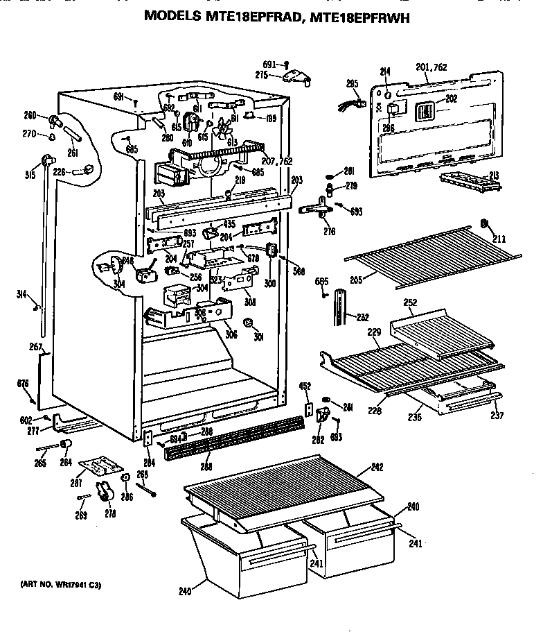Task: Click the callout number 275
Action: pyautogui.click(x=261, y=74)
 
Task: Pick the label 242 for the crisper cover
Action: pyautogui.click(x=377, y=467)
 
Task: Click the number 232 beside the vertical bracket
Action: pyautogui.click(x=362, y=317)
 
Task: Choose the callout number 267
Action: pyautogui.click(x=36, y=347)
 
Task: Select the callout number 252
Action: pyautogui.click(x=410, y=302)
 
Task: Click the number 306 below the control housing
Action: pyautogui.click(x=231, y=334)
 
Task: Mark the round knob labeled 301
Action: pyautogui.click(x=249, y=323)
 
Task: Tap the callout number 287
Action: pyautogui.click(x=76, y=483)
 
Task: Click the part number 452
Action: pyautogui.click(x=304, y=386)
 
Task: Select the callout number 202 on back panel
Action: pyautogui.click(x=451, y=99)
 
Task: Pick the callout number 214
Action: pyautogui.click(x=386, y=71)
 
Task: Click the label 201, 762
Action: pyautogui.click(x=431, y=67)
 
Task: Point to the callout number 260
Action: pyautogui.click(x=30, y=115)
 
